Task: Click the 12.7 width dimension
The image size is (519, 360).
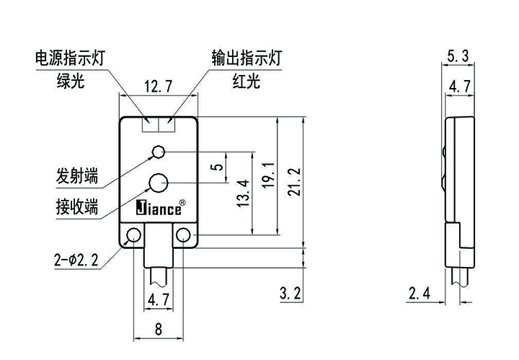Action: (x=158, y=87)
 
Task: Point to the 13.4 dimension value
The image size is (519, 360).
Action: (x=242, y=192)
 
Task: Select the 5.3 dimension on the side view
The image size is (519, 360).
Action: (x=458, y=56)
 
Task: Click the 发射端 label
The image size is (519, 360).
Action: (x=77, y=176)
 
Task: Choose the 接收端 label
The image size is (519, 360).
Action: (x=77, y=207)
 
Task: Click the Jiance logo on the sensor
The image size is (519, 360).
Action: (x=160, y=208)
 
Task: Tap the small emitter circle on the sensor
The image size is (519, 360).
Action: (x=159, y=152)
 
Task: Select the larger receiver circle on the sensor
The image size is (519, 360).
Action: (x=159, y=181)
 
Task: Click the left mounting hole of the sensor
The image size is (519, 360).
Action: (x=133, y=235)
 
